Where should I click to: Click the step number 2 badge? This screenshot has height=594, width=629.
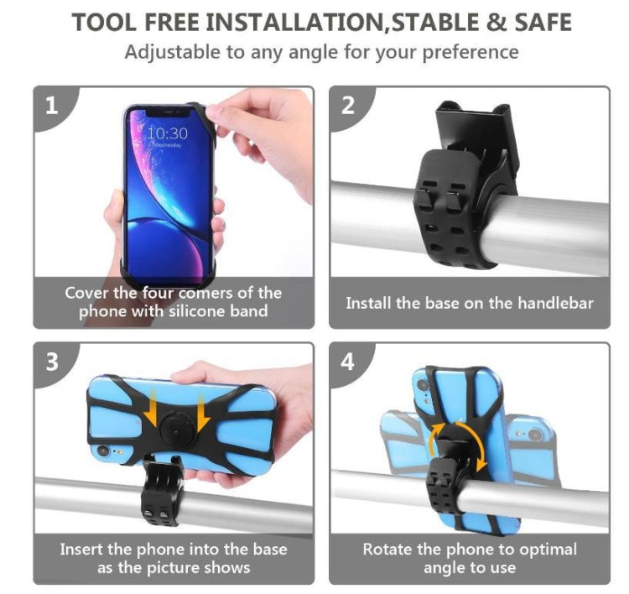click(348, 107)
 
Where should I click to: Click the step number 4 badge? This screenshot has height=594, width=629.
click(348, 362)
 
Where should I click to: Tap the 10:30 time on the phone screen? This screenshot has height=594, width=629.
click(168, 133)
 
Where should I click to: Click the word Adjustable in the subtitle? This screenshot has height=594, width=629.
click(172, 52)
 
